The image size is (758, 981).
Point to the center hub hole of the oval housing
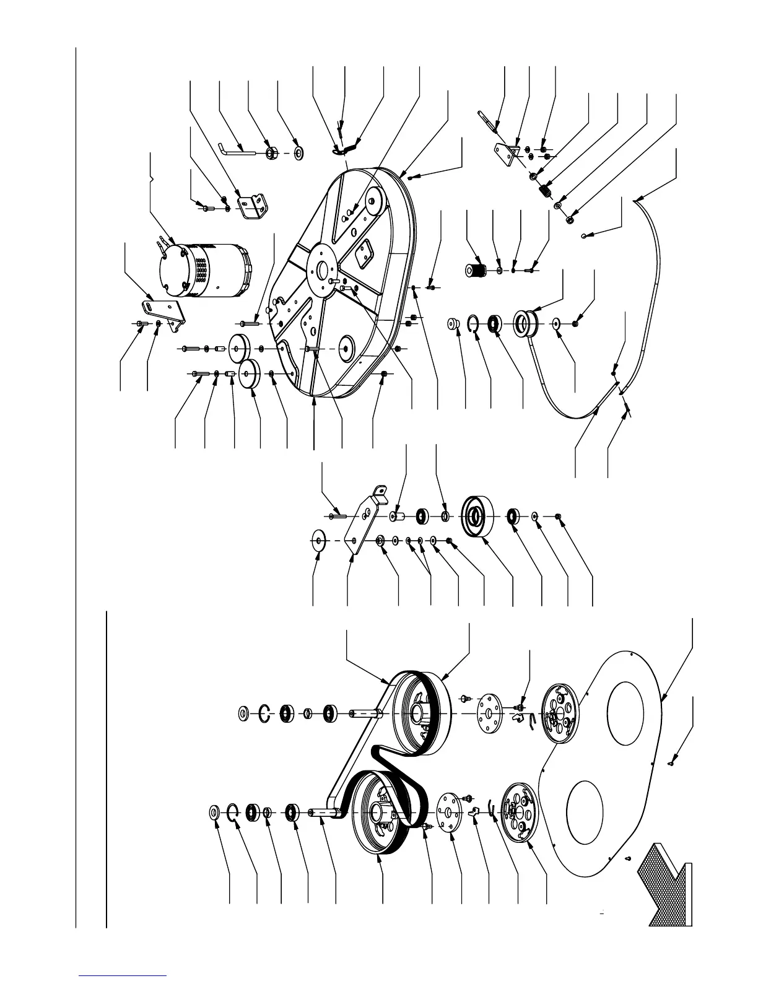point(322,269)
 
